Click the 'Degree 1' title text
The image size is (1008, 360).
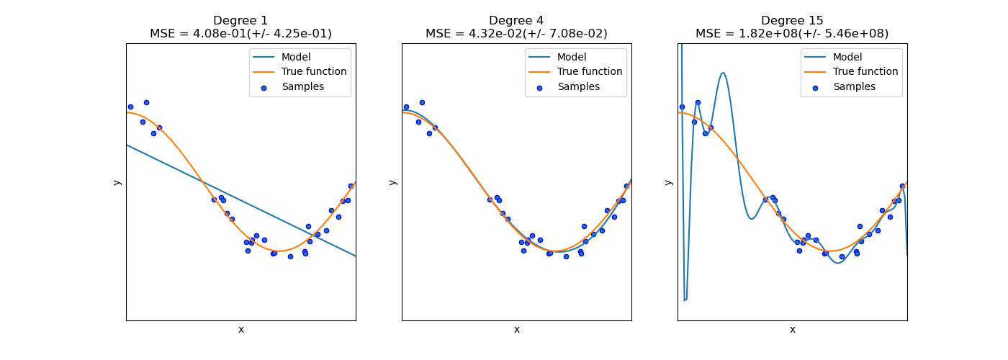(x=240, y=21)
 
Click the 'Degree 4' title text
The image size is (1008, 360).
(x=516, y=21)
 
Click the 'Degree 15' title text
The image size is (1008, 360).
(x=792, y=21)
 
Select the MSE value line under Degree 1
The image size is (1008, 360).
(x=240, y=34)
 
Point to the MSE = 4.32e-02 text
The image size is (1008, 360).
(x=516, y=34)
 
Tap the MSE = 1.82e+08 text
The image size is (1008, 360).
(x=792, y=34)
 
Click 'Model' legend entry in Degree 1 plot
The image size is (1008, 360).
(x=295, y=57)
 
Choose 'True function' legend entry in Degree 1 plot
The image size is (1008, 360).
(x=314, y=72)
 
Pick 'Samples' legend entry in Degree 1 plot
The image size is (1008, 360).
(x=302, y=87)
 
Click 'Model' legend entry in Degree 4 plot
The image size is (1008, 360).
(x=571, y=57)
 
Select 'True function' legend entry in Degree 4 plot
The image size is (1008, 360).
(x=590, y=72)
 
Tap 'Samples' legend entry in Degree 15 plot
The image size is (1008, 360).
(x=854, y=87)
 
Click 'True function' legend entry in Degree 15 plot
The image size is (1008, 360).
(x=865, y=72)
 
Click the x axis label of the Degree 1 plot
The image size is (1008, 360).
(x=240, y=330)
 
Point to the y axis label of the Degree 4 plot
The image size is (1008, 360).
(x=392, y=182)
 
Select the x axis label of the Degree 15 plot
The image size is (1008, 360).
(x=792, y=330)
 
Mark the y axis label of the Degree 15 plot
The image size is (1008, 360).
(x=668, y=182)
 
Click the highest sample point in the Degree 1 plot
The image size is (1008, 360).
(x=146, y=102)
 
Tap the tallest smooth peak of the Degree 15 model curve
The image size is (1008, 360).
(x=723, y=73)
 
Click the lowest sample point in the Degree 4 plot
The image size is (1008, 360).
(x=566, y=256)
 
